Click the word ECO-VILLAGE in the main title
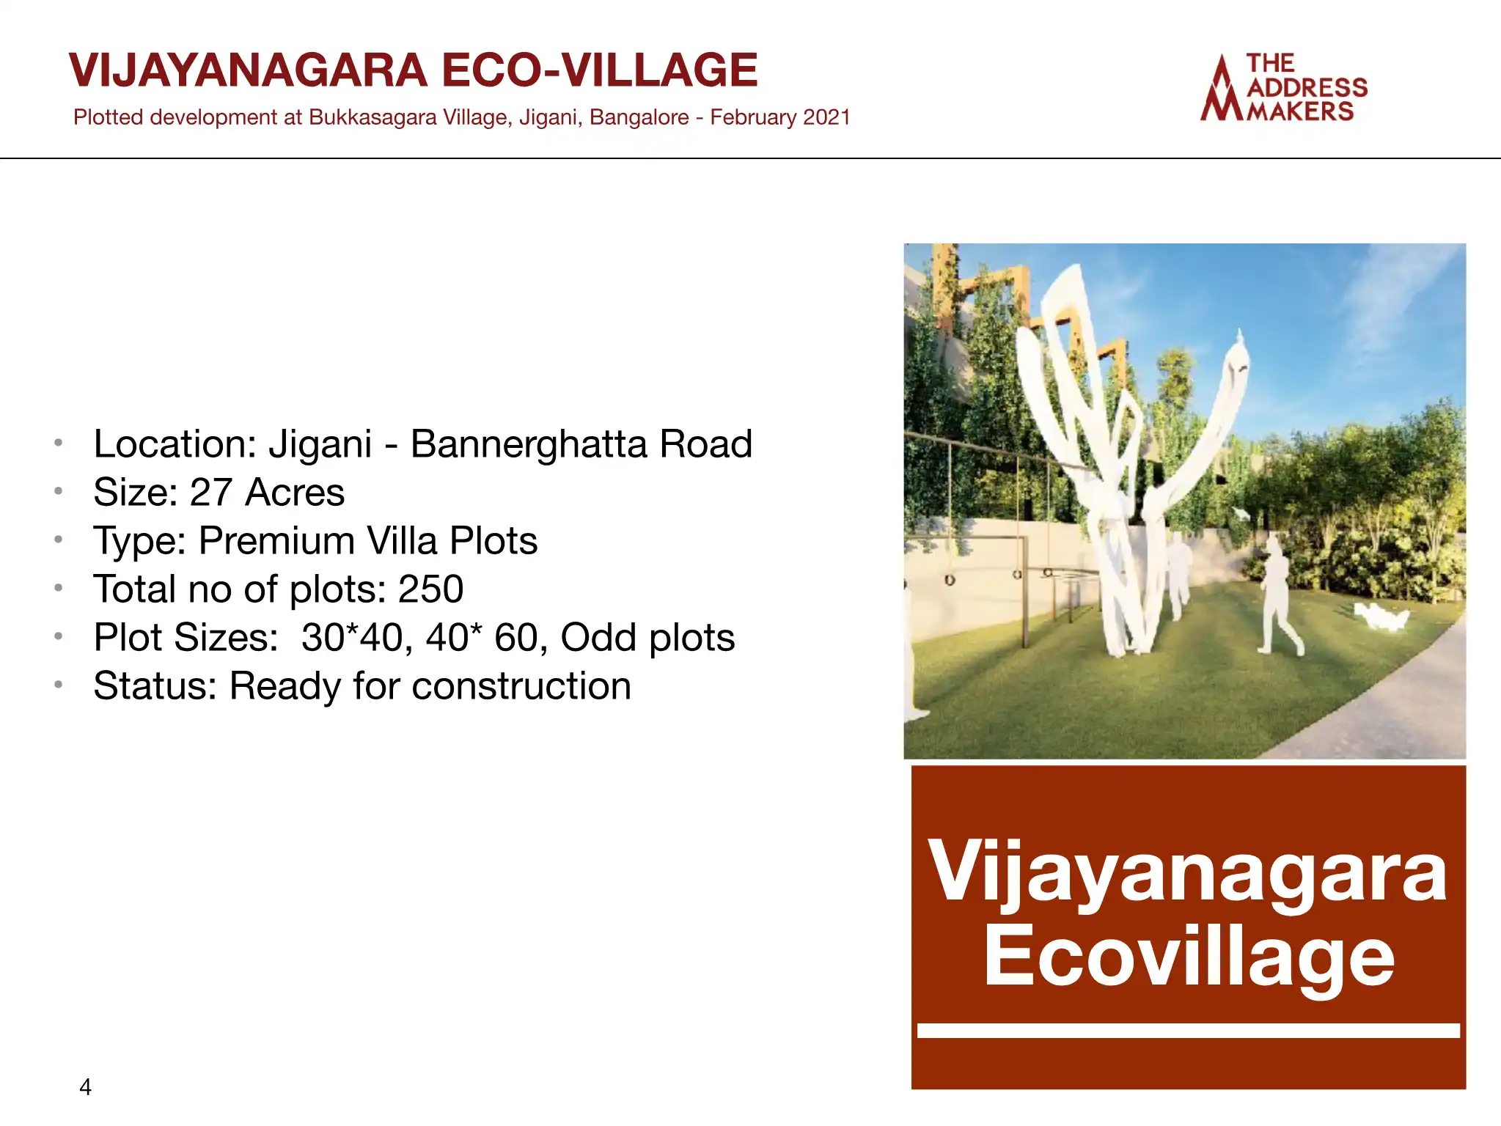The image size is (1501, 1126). pos(599,70)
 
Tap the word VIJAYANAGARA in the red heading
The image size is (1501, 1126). pos(248,70)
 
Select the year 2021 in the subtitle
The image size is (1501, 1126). pos(826,117)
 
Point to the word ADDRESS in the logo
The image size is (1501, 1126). pos(1307,88)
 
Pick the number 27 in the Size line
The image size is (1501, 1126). pos(211,493)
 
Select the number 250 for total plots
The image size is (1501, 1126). pos(431,589)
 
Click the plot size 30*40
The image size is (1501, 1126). pos(352,638)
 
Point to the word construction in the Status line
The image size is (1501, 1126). pos(521,687)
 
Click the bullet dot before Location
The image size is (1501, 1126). pos(59,443)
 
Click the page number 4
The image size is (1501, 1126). pos(85,1087)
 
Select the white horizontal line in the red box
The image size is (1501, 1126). pos(1189,1031)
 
